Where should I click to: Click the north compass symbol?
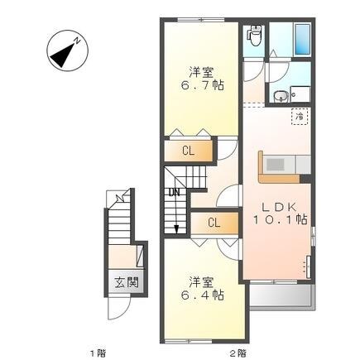pos(67,50)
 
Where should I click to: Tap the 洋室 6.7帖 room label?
pos(202,79)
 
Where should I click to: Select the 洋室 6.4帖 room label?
pos(202,289)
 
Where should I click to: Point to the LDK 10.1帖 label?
pos(280,214)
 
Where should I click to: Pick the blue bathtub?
pos(303,39)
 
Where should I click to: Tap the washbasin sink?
pos(281,97)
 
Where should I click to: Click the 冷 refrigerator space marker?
pos(299,117)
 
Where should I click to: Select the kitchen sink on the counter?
pos(276,165)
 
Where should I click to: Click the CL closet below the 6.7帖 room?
pos(189,151)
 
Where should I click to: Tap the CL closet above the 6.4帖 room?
pos(214,223)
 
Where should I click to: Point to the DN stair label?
pos(175,192)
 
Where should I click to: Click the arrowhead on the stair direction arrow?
pos(176,229)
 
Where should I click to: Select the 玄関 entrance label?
pos(127,283)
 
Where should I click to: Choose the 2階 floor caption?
pos(238,353)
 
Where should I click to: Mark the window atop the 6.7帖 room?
pos(200,20)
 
